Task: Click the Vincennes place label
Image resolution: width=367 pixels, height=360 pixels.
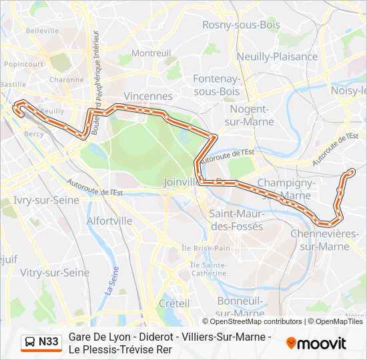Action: [x=148, y=96]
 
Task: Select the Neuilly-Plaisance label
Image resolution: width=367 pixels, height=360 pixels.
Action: [x=277, y=57]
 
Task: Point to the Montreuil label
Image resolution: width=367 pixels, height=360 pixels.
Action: [x=151, y=53]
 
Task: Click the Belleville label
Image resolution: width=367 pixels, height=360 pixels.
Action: [x=42, y=31]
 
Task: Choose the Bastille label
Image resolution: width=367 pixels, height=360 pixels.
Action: [x=12, y=85]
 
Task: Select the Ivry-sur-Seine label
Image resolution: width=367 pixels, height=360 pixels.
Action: [x=46, y=199]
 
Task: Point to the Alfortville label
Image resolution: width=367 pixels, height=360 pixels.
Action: [x=109, y=221]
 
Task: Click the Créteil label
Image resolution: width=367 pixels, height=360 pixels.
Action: [x=174, y=302]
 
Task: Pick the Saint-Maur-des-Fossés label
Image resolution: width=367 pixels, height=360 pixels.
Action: [x=236, y=219]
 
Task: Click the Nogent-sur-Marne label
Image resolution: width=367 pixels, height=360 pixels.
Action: [x=250, y=115]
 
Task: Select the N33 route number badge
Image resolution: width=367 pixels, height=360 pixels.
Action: [x=48, y=343]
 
